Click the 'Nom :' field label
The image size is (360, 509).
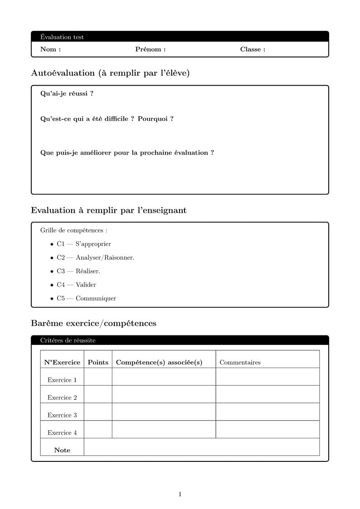pos(50,49)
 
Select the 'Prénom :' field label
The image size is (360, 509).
pos(150,49)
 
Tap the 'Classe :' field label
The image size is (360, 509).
pos(253,49)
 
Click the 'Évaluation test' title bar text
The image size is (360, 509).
pos(62,37)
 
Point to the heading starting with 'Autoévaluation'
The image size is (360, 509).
pos(110,73)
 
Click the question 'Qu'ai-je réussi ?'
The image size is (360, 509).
pos(67,94)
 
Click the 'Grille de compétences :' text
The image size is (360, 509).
pos(73,230)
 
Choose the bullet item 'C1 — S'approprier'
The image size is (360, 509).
pos(83,244)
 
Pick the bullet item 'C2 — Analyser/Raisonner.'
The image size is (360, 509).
pos(95,257)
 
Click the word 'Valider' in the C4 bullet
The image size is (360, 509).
pos(86,285)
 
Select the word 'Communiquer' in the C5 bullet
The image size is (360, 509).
pos(96,298)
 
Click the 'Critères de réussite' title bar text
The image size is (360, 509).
pos(68,340)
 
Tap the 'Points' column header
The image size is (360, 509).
pos(98,362)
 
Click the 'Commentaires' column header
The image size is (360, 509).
pos(240,362)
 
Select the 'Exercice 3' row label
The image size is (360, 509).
pos(62,415)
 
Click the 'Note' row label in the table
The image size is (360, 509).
pos(62,450)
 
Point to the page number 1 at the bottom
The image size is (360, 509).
pos(180,494)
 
